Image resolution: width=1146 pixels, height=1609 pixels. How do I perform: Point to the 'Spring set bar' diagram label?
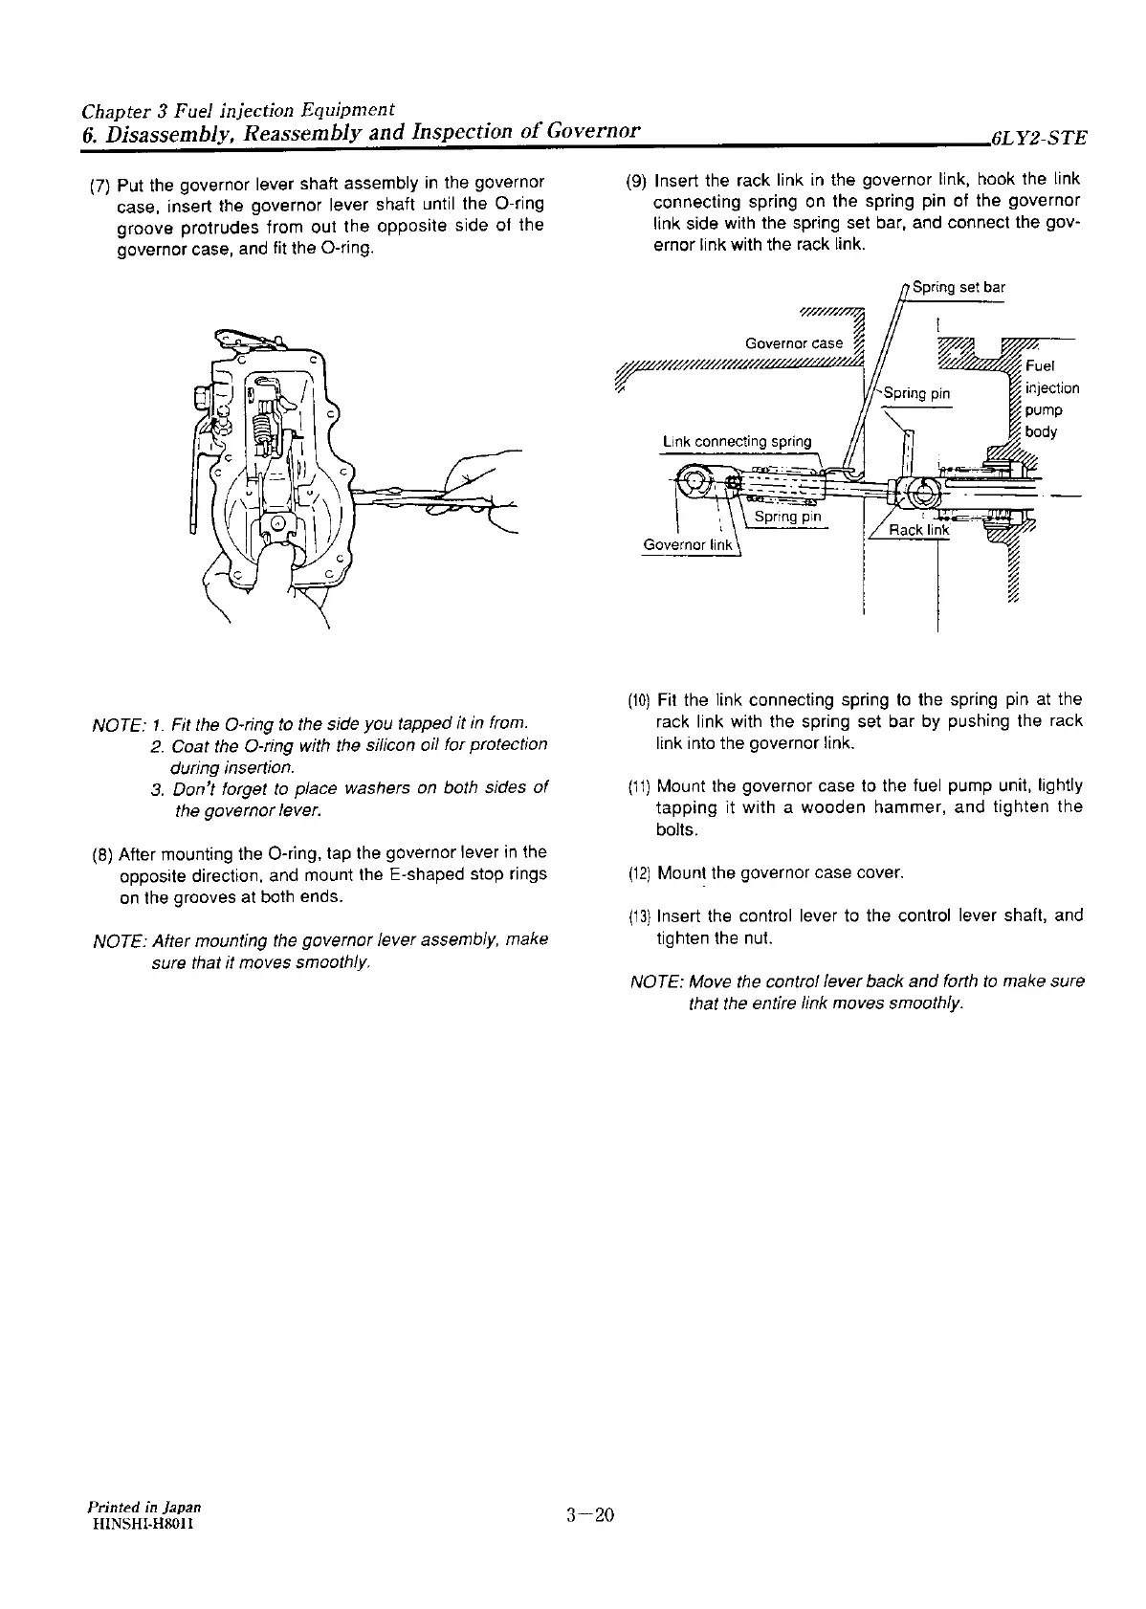[959, 287]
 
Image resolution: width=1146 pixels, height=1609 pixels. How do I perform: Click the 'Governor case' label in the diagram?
[794, 343]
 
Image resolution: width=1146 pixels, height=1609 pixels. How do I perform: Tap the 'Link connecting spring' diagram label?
[737, 442]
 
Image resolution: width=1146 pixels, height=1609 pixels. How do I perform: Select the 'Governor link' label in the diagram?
[688, 545]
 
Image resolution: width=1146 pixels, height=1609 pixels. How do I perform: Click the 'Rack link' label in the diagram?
[919, 531]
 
